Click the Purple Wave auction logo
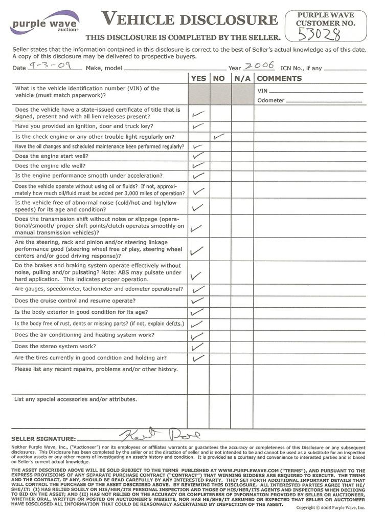[x=44, y=23]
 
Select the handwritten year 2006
[x=259, y=66]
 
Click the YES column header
[x=198, y=78]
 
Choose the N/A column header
[x=242, y=78]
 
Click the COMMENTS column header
[x=279, y=78]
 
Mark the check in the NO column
[x=219, y=137]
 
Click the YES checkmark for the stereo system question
[x=197, y=347]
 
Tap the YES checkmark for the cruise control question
[x=197, y=301]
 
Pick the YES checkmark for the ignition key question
[x=198, y=125]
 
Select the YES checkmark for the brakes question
[x=196, y=276]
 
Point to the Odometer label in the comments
[x=271, y=100]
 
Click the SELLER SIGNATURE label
[x=43, y=439]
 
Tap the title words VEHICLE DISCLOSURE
[x=189, y=20]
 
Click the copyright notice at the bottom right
[x=331, y=507]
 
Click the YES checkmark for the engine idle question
[x=198, y=166]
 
